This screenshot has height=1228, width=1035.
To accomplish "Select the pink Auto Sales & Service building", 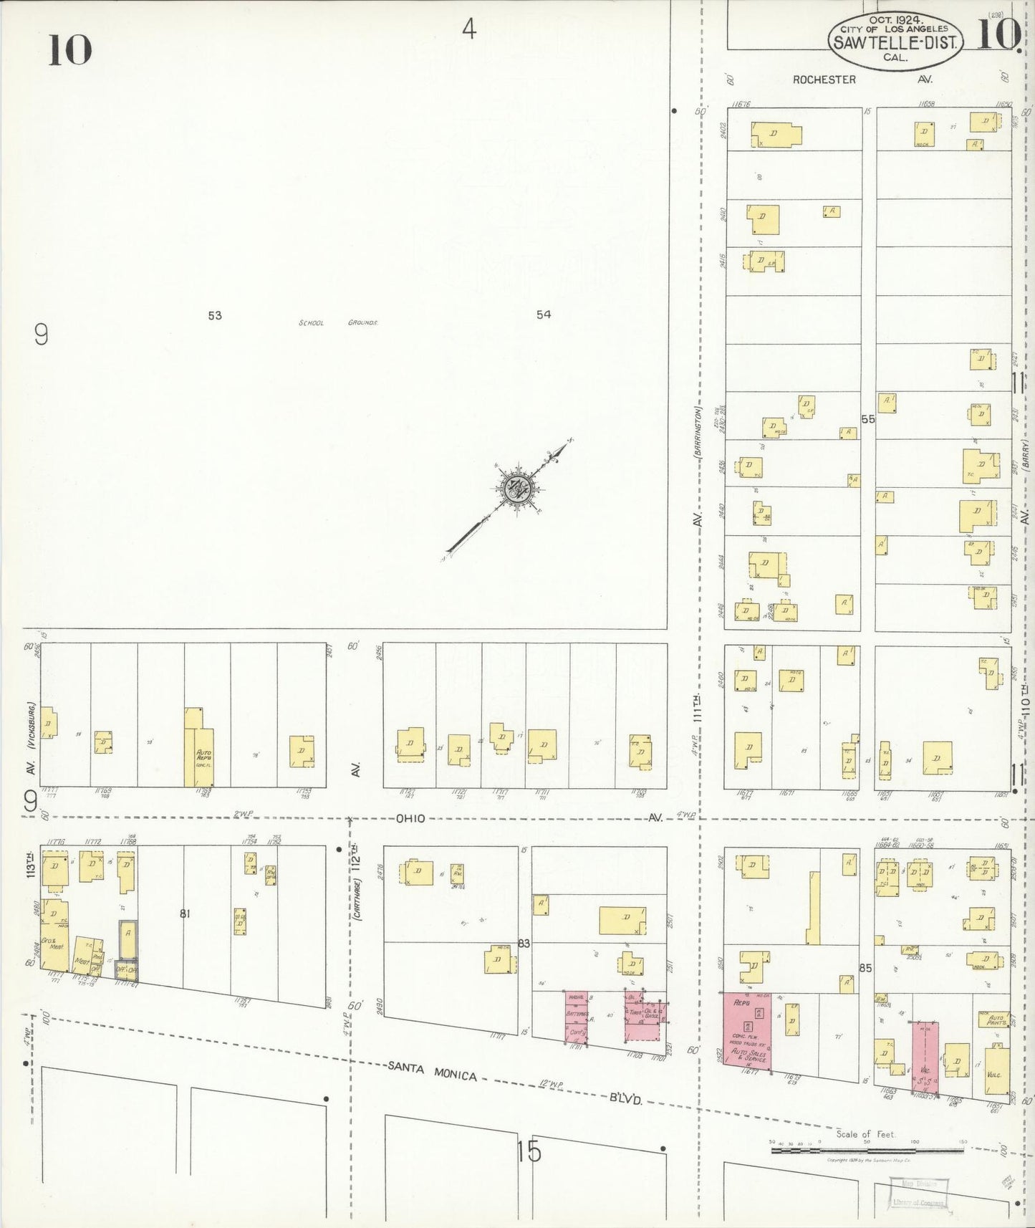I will coord(746,1031).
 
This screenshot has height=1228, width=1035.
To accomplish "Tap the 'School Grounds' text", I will coord(337,323).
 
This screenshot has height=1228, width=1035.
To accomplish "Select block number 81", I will coord(185,913).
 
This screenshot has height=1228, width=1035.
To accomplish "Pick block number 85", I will coord(865,968).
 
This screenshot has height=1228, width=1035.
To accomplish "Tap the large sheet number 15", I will coord(529,1151).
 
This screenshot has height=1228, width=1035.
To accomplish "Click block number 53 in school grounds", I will coord(215,315).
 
